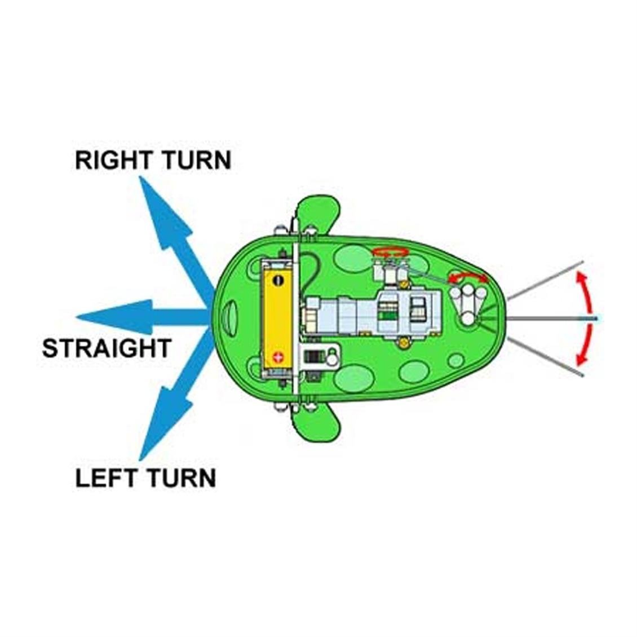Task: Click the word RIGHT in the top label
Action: tap(110, 160)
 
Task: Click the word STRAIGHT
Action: tap(106, 348)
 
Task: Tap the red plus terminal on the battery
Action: tap(277, 357)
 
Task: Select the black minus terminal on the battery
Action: tap(278, 280)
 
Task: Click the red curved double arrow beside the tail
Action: tap(586, 319)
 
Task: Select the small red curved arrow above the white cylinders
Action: tap(467, 276)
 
